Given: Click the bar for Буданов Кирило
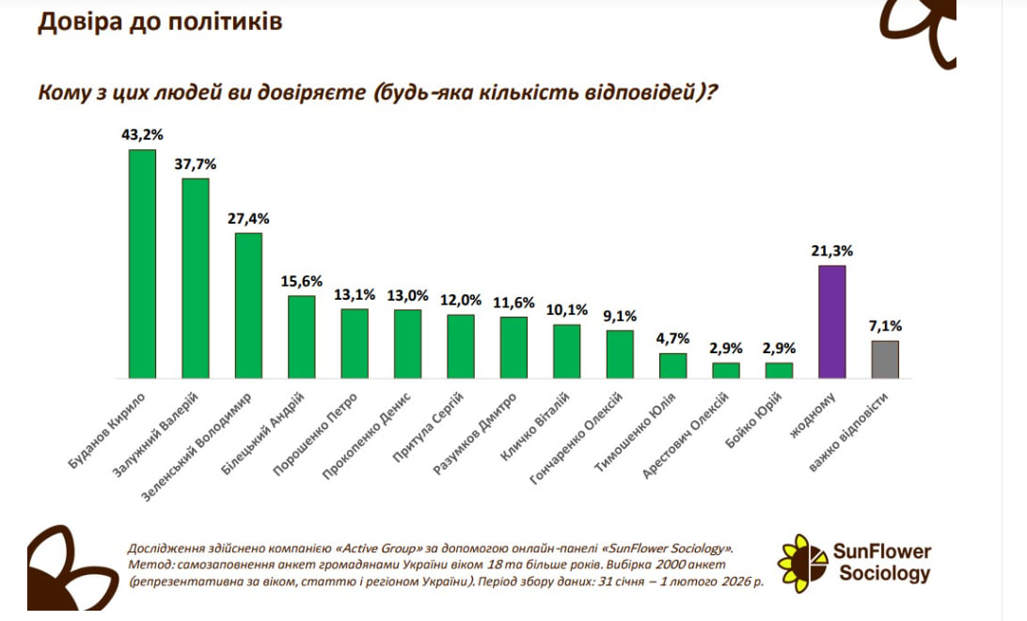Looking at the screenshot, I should point(142,263).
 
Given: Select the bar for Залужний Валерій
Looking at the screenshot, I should point(196,277).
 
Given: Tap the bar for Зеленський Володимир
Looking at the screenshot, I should point(248,304).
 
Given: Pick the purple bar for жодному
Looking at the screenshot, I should point(831,321).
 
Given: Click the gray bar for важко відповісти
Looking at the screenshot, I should point(885,359).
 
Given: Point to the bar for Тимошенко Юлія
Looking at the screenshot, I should point(672,365).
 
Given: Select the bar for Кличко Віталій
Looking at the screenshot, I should point(566,350).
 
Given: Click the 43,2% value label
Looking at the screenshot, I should point(142,134).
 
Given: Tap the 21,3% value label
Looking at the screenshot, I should point(832,251).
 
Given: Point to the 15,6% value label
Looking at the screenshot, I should point(302,281).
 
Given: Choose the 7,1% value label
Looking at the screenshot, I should point(885,326).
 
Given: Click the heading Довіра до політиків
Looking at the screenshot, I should point(160,22).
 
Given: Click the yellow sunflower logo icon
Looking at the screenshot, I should point(801,563).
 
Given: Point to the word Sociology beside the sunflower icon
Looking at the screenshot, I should point(884,573).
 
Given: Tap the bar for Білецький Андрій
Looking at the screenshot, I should point(302,336).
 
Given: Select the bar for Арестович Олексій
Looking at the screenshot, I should point(726,370).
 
